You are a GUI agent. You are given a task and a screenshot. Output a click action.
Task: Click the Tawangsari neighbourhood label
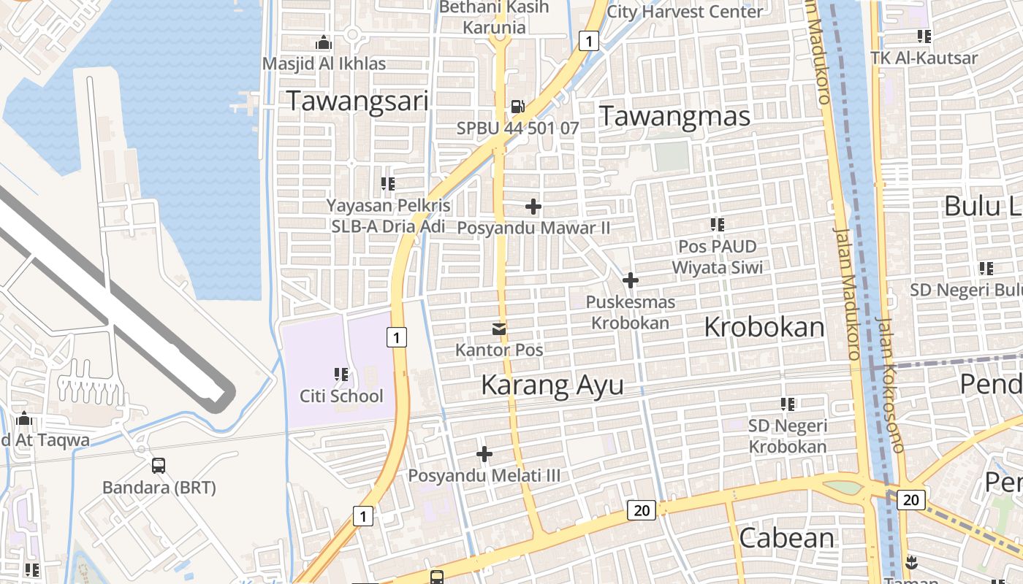coord(357,101)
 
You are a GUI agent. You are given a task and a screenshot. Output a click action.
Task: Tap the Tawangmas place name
coord(674,116)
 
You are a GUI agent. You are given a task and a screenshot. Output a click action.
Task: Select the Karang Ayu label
coord(552,385)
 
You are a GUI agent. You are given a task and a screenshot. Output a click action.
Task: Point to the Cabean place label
coord(786,538)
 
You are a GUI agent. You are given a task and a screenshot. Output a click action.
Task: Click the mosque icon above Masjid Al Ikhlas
coord(323,43)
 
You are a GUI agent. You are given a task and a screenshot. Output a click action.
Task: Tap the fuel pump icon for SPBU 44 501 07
coord(517,107)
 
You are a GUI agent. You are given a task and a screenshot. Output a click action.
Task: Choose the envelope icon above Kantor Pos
coord(499,329)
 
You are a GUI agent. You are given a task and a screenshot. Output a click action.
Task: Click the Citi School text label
coord(341,396)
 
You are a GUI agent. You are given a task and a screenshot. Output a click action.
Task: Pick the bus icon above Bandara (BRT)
coord(158,465)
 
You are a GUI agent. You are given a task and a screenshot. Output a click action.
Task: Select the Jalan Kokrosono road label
coord(890,383)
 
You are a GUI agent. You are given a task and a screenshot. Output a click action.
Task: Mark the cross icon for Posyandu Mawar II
coord(533,207)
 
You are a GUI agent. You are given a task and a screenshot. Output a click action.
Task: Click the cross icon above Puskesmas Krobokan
coord(630,280)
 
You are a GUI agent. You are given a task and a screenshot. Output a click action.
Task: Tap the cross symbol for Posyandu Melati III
coord(484,454)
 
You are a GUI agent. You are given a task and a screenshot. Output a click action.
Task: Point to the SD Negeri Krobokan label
coord(788,436)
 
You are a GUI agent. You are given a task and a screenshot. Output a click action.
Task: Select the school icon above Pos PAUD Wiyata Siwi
coord(717,225)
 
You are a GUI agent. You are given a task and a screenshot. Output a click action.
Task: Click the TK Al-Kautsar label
coord(924,58)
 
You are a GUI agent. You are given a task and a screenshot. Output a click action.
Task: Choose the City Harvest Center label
coord(685,11)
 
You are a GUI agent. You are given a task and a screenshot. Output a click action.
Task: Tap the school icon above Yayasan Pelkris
coord(388,183)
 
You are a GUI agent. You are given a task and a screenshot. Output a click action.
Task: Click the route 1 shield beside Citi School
coord(395,337)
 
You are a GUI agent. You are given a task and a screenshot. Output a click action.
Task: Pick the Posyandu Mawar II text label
coord(533,228)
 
